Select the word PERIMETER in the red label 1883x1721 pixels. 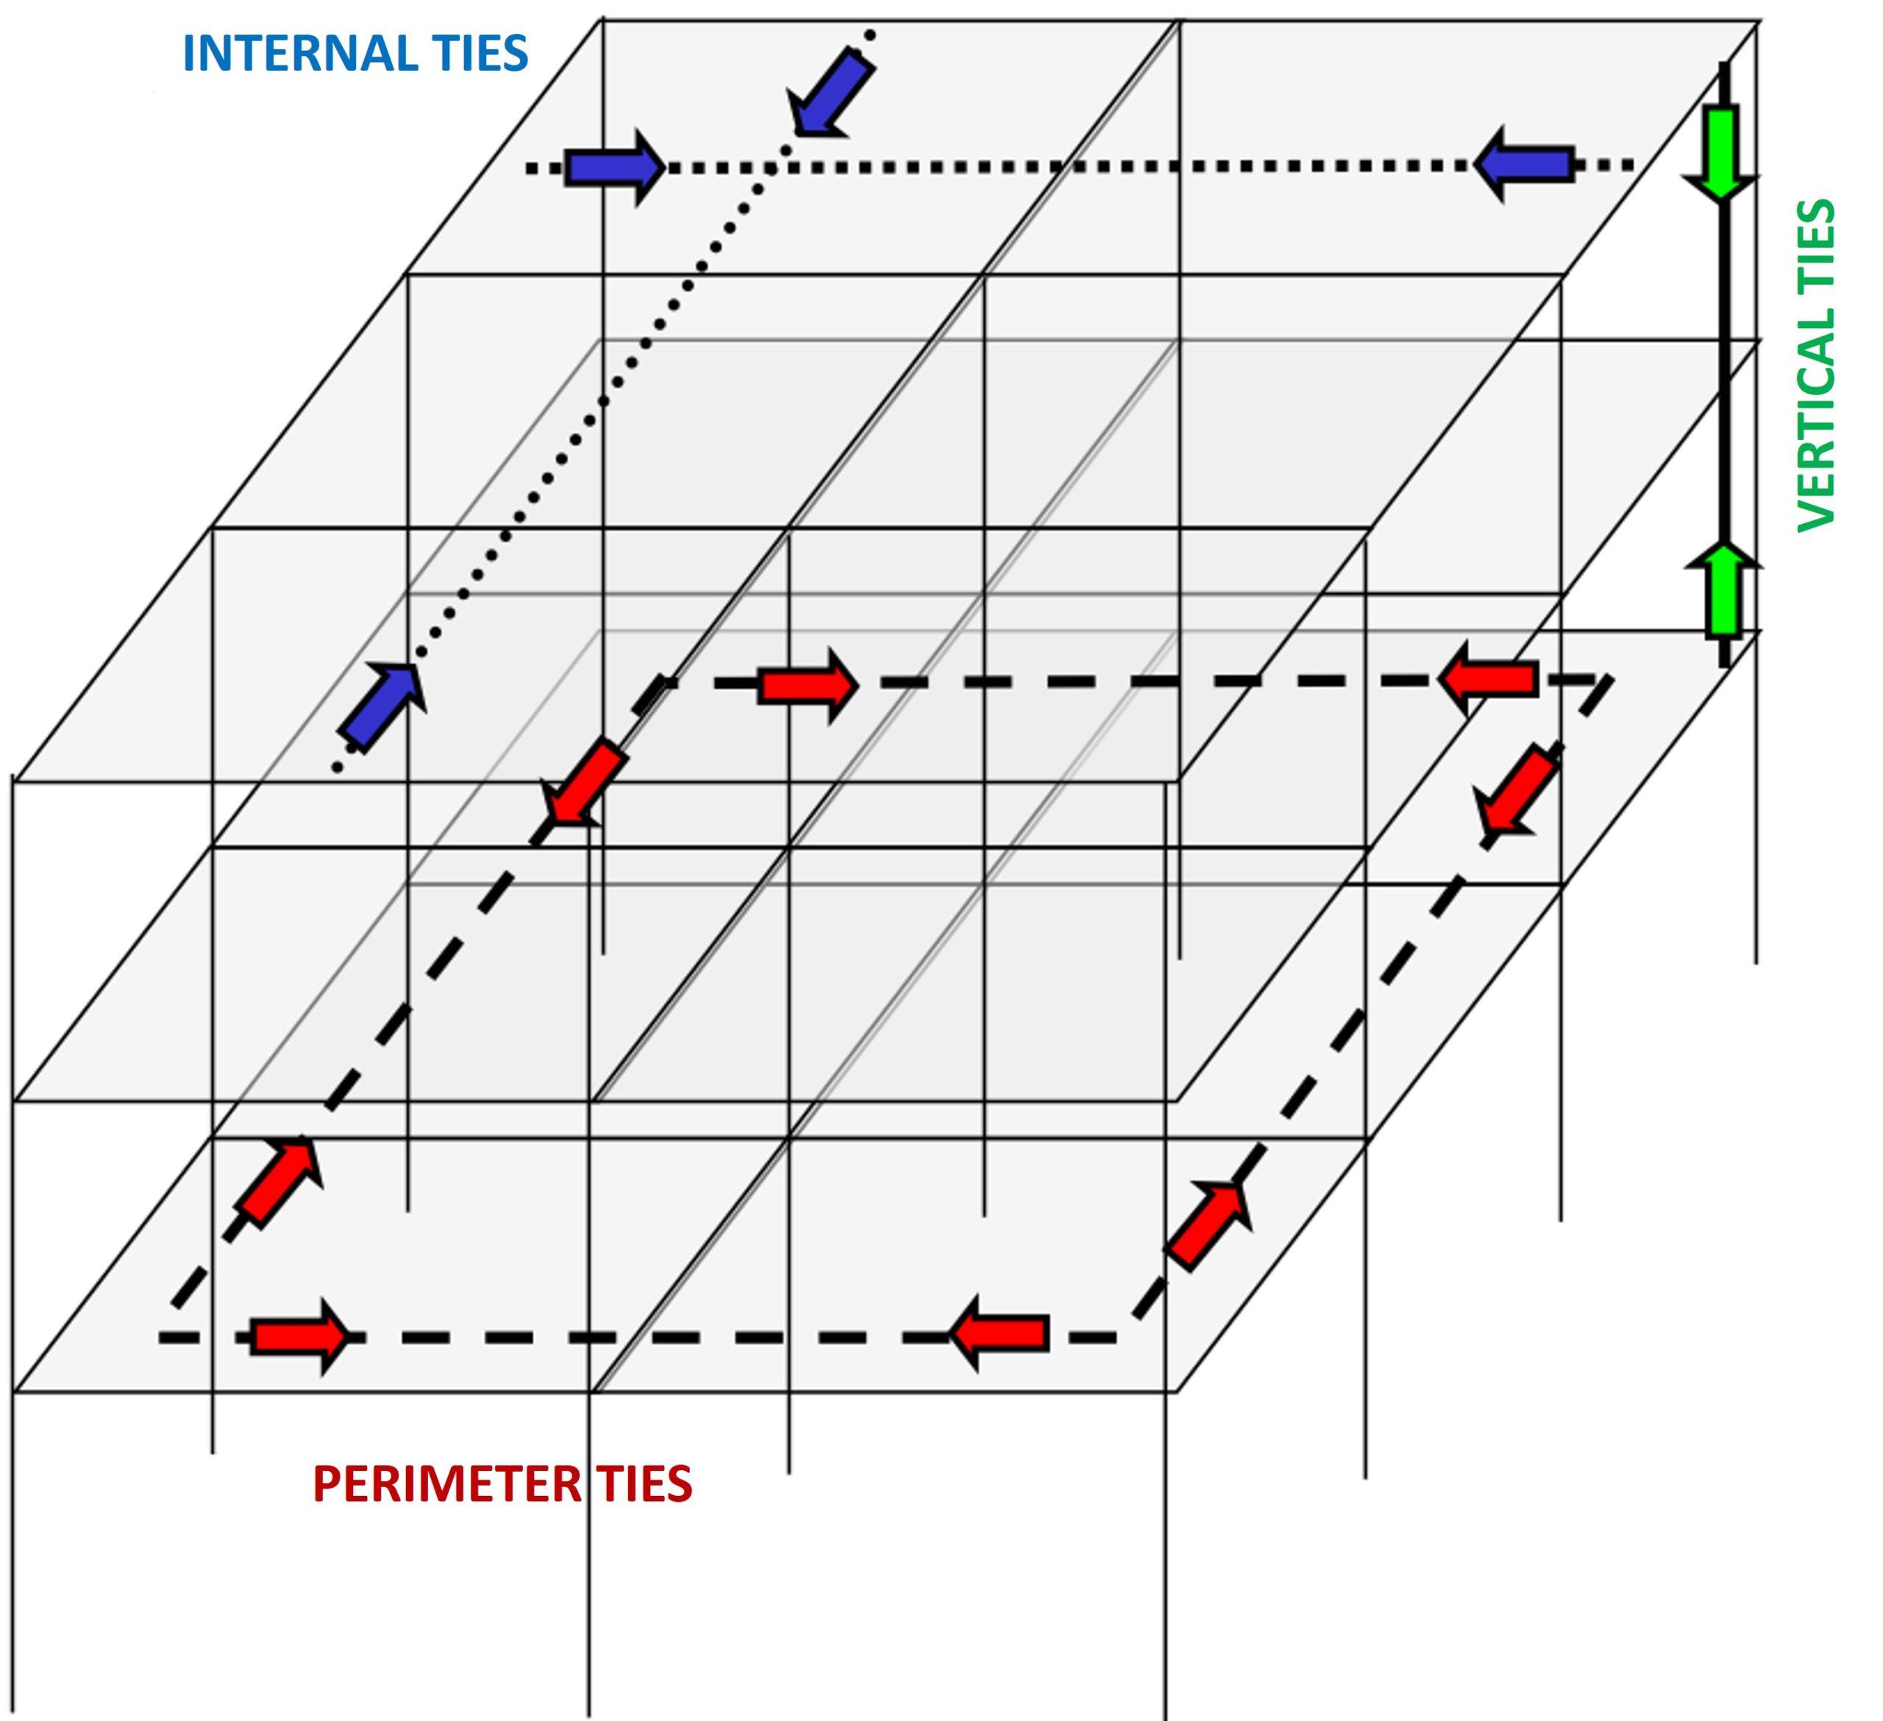446,1483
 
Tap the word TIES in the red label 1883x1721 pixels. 644,1483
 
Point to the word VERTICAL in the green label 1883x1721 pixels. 1817,430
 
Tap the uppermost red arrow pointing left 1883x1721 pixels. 1489,679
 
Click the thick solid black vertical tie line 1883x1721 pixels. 1724,374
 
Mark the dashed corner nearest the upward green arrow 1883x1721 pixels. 1609,680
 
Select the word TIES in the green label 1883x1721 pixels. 1817,238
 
